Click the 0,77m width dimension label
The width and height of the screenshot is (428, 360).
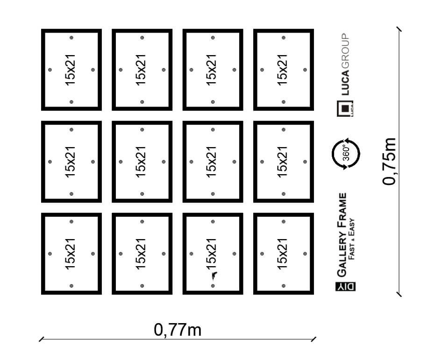tap(178, 330)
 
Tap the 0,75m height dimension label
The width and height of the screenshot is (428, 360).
tap(389, 162)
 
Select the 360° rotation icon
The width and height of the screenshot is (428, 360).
tap(346, 154)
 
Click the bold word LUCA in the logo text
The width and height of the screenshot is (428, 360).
tap(345, 83)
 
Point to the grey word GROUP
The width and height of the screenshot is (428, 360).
tap(345, 51)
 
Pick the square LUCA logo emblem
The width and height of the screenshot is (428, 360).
tap(345, 108)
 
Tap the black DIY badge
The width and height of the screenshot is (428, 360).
tap(345, 287)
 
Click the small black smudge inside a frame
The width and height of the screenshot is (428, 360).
tap(214, 276)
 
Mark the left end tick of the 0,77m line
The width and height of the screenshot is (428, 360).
tap(42, 339)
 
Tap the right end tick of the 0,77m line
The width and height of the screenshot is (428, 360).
tap(314, 339)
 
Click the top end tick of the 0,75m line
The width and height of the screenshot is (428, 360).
tap(399, 29)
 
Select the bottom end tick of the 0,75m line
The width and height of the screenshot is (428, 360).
tap(399, 294)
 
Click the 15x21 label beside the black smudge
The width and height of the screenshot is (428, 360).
tap(211, 254)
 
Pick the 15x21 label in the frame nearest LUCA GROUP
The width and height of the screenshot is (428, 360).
tap(282, 70)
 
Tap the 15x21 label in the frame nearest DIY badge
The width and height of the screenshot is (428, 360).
tap(282, 254)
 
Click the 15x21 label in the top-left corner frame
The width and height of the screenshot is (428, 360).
tap(70, 70)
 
